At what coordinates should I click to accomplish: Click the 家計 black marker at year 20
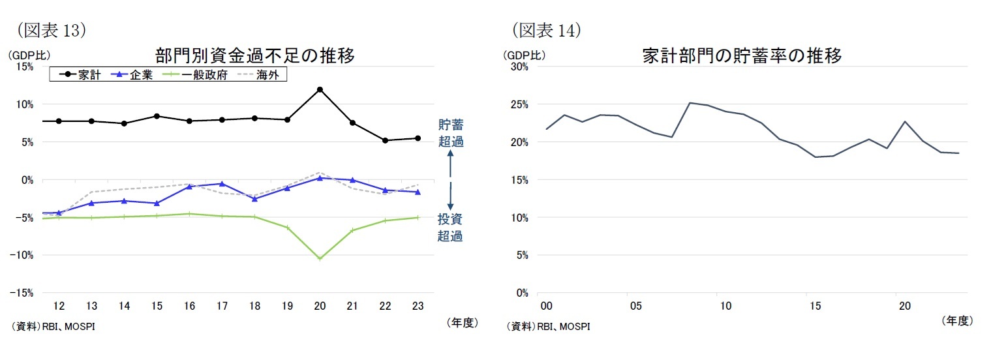click(x=320, y=89)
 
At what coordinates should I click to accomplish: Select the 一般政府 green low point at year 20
click(x=320, y=259)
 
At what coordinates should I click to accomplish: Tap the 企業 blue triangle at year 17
click(x=222, y=184)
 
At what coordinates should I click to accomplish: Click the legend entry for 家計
click(x=79, y=75)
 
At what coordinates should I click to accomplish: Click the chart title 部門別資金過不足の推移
click(x=255, y=56)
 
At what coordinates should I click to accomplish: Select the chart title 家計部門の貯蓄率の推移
click(x=742, y=56)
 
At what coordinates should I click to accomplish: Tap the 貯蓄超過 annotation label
click(x=450, y=133)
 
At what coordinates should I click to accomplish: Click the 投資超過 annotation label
click(x=450, y=228)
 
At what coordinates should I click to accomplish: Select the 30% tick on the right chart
click(x=519, y=67)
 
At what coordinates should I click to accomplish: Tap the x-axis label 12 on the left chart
click(x=59, y=306)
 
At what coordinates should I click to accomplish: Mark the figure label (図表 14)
click(x=546, y=30)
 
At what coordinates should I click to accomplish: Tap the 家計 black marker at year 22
click(x=385, y=140)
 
